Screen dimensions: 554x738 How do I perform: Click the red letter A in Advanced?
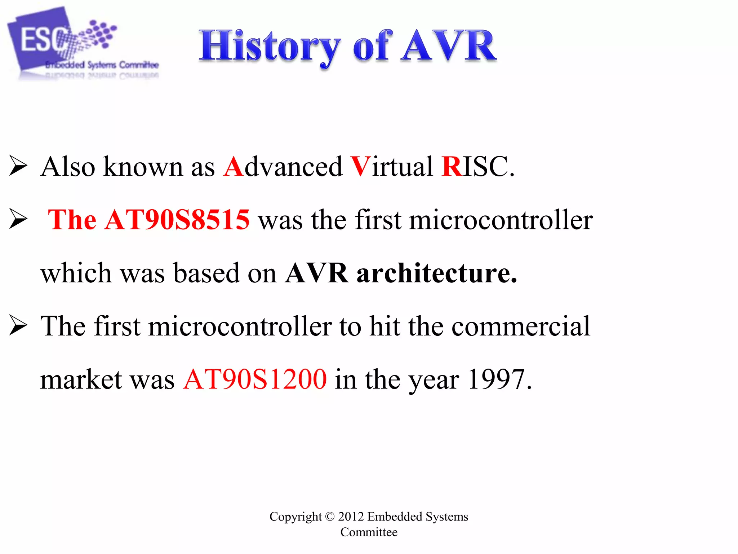click(x=234, y=167)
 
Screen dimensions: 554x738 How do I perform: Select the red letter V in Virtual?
click(x=360, y=167)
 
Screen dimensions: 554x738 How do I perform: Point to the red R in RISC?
click(x=452, y=167)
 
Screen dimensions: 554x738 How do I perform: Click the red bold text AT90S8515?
click(x=177, y=220)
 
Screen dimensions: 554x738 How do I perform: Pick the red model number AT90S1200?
click(x=255, y=379)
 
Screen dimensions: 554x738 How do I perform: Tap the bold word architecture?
click(x=437, y=273)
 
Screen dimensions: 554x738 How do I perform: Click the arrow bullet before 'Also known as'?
click(x=18, y=166)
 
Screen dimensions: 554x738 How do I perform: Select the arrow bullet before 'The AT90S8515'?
click(x=18, y=219)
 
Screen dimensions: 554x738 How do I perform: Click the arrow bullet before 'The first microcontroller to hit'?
click(x=18, y=326)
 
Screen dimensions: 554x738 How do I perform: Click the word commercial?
click(x=521, y=326)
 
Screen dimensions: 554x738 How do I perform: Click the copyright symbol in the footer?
click(x=330, y=516)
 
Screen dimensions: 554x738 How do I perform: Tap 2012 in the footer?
click(x=351, y=516)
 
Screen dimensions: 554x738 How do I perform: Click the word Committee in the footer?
click(x=369, y=532)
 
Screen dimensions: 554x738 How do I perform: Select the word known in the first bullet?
click(x=143, y=167)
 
